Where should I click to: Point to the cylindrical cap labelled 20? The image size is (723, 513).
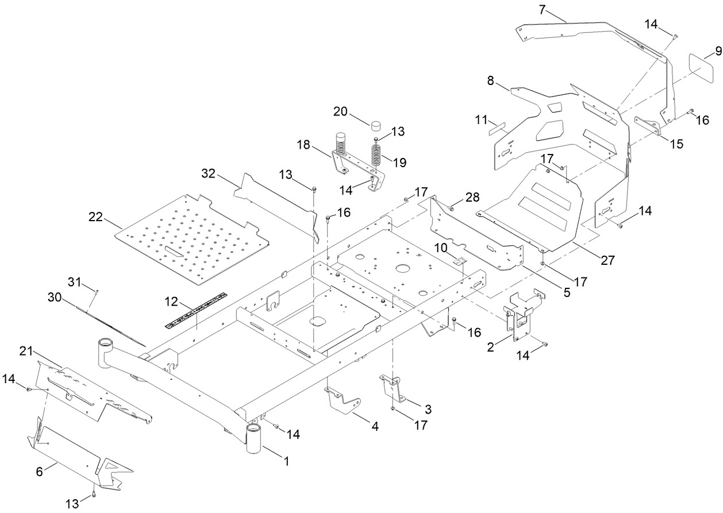click(x=376, y=126)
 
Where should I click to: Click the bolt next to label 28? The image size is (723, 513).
click(x=451, y=209)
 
